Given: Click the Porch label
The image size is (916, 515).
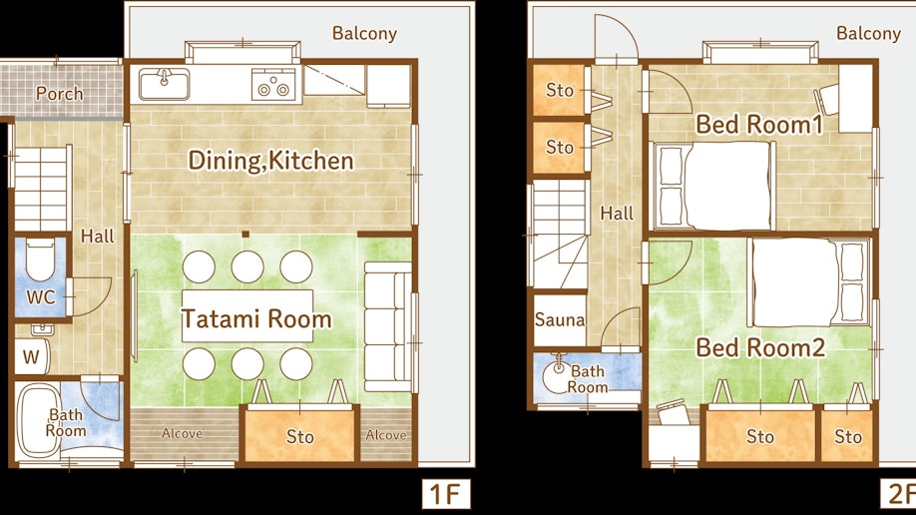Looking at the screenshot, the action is click(x=59, y=94).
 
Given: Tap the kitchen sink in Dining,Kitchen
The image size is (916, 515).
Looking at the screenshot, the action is click(x=165, y=84).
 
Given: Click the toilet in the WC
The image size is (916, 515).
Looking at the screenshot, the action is click(x=40, y=257).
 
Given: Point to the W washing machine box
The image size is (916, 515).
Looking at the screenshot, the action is click(x=32, y=356).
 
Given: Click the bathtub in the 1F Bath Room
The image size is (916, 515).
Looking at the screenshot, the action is click(x=39, y=421).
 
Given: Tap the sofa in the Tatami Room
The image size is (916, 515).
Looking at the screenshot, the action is click(x=388, y=326).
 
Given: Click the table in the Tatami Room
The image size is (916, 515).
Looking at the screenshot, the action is click(x=247, y=315).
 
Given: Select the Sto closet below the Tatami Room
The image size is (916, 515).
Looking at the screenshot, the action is click(x=299, y=435).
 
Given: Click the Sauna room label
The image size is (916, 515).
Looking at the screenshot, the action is click(x=559, y=319).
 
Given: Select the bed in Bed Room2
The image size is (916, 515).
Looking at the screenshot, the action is click(x=808, y=282).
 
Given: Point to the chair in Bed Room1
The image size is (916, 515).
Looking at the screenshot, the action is click(x=826, y=100).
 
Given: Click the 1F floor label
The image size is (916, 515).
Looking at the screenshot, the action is click(x=446, y=495).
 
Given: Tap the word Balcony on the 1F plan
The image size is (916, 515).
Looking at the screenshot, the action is click(x=364, y=33).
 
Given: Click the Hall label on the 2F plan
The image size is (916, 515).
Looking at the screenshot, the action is click(x=617, y=214).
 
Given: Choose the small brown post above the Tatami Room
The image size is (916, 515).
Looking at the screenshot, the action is click(x=245, y=234).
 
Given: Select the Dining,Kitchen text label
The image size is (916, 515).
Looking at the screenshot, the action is click(x=270, y=161).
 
